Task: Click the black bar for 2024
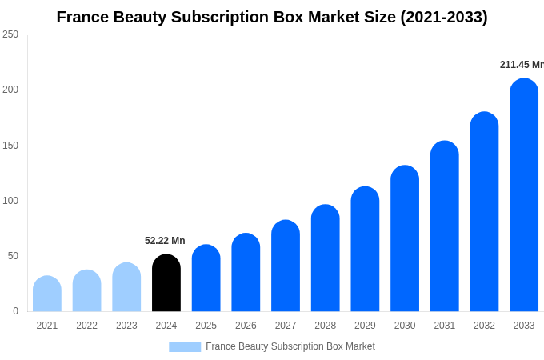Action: [x=166, y=283]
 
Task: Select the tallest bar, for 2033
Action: [x=524, y=195]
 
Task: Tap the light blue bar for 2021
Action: [x=47, y=294]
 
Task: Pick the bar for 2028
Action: [x=326, y=258]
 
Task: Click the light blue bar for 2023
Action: [x=126, y=287]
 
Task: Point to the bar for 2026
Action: [x=246, y=273]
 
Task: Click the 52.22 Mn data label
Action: [x=165, y=241]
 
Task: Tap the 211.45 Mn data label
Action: [x=522, y=65]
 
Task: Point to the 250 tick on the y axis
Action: [x=10, y=34]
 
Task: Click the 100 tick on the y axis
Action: [x=10, y=201]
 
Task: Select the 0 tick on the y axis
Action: [x=15, y=311]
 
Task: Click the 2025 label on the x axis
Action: [x=206, y=326]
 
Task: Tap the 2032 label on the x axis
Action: [x=484, y=326]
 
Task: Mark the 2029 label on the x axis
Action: [x=365, y=326]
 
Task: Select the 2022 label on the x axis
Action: [x=86, y=326]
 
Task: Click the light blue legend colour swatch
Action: [x=185, y=347]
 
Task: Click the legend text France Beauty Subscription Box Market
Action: [x=290, y=346]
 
